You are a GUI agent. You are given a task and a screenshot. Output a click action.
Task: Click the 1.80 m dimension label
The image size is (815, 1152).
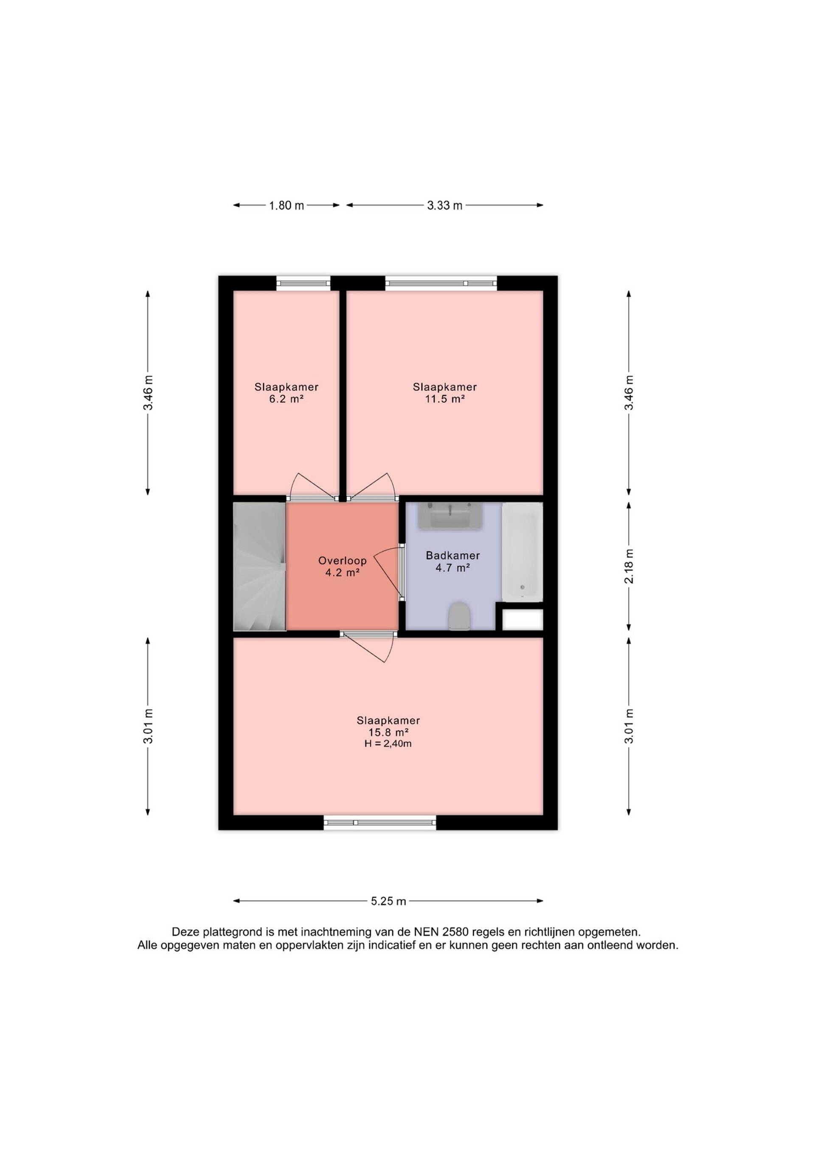coord(287,205)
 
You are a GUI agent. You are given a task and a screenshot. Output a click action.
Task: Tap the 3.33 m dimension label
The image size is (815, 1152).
coord(444,205)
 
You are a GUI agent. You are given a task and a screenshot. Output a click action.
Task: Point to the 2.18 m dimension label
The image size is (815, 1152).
coord(629,567)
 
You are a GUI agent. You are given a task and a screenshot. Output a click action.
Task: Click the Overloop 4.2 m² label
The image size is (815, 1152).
coord(342,567)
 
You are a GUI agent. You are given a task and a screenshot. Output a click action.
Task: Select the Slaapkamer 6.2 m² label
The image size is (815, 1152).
coord(287,393)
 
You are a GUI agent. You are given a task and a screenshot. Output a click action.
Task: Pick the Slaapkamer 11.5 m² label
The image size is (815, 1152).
coord(444,393)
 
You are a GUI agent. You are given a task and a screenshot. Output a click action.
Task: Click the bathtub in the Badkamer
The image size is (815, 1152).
coord(523,552)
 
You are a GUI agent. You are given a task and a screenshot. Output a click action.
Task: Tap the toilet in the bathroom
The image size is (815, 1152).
coord(459,617)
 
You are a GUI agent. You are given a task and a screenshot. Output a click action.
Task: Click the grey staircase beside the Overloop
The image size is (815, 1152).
coord(260,567)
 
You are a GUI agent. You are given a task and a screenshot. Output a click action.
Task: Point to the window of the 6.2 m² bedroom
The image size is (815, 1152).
coord(303,283)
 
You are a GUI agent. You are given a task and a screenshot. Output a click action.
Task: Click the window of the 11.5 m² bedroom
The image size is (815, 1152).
coord(441,283)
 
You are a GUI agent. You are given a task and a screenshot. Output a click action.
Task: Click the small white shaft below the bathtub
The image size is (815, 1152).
coord(523,620)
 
